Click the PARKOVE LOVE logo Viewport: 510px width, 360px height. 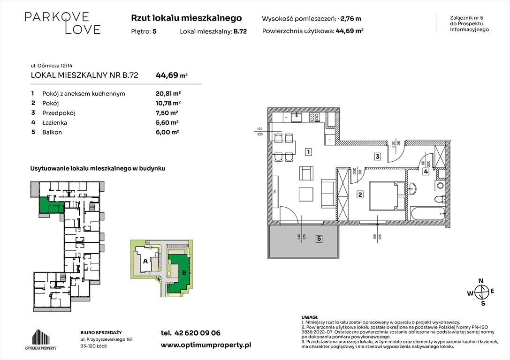62,23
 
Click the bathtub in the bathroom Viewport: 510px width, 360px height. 427,214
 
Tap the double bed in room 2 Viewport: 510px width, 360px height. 386,196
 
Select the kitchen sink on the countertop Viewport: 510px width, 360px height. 297,118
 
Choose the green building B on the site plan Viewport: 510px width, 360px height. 180,272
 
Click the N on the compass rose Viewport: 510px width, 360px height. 480,281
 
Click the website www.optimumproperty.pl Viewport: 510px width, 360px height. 206,345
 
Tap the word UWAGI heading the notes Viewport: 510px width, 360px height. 310,317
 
